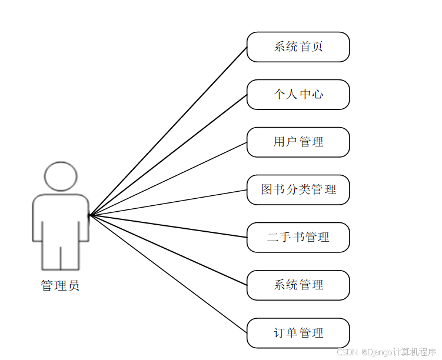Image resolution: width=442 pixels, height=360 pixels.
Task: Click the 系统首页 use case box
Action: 298,47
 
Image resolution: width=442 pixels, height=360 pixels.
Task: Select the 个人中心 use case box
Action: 298,95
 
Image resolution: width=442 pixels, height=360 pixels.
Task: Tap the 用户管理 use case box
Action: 298,142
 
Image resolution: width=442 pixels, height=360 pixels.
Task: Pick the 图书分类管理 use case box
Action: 298,190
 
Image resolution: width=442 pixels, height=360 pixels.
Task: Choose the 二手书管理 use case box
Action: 298,238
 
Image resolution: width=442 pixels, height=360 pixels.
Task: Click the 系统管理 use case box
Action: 298,285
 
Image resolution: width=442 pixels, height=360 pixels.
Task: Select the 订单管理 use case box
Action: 298,333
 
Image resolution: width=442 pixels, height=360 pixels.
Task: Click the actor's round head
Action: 61,176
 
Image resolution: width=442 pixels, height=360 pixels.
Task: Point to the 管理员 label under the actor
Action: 60,286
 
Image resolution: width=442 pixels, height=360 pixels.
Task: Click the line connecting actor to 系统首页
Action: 168,131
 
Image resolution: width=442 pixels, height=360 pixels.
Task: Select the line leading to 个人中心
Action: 168,155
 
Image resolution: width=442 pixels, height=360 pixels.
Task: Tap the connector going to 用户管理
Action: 168,179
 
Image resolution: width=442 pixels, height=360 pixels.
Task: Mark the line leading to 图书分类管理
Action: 168,202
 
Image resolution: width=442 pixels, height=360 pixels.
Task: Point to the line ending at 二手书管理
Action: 168,226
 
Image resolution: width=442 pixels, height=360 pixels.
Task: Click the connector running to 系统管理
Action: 168,250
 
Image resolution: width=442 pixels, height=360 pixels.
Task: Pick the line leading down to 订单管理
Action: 168,274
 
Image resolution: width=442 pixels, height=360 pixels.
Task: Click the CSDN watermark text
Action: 348,352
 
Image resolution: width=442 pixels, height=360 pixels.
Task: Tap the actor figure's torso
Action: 61,218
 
